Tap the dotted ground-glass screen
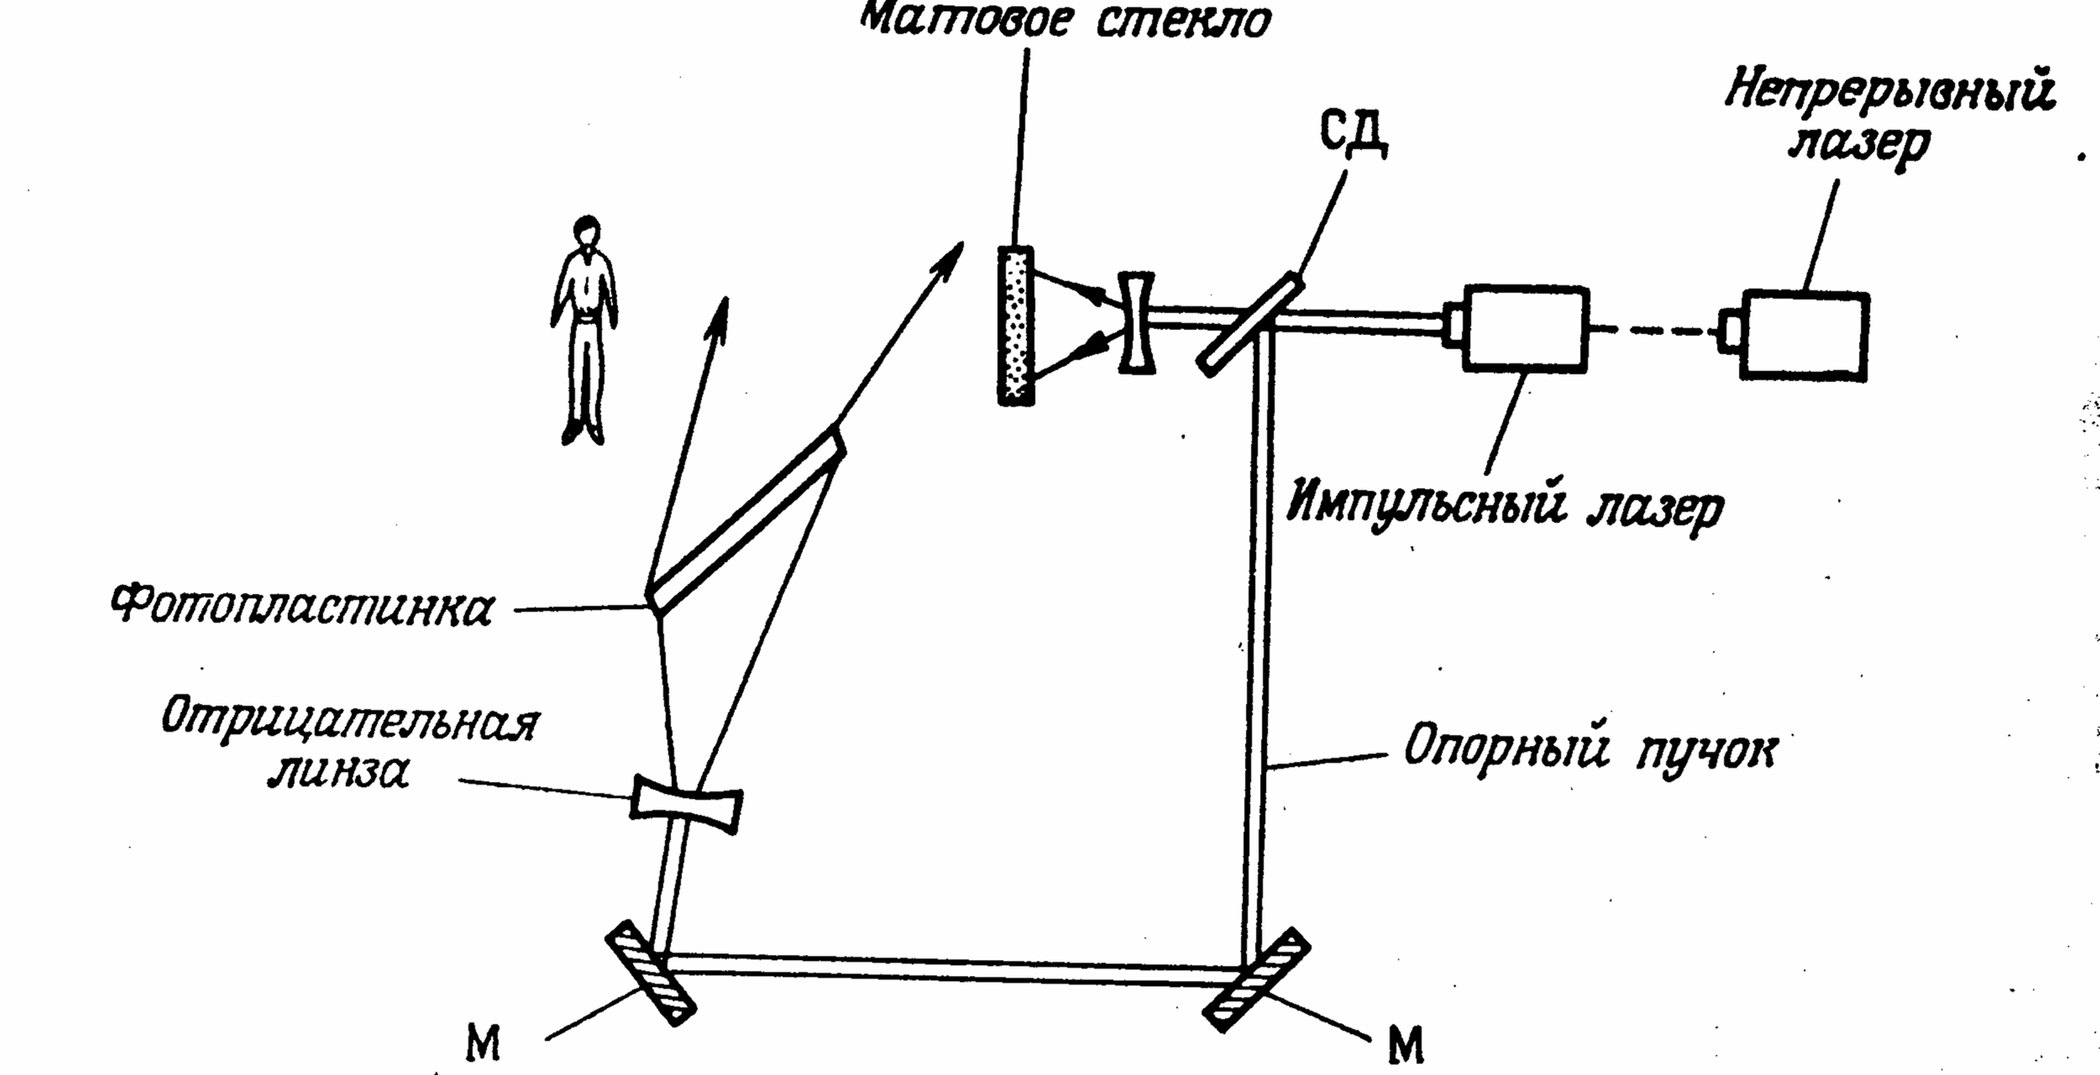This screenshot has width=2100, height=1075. coord(1015,325)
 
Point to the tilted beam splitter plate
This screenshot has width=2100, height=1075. coord(1249,323)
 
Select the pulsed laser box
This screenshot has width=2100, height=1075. coord(1525,328)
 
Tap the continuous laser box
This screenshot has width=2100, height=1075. coord(1804,335)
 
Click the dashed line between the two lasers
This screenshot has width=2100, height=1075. coord(1651,330)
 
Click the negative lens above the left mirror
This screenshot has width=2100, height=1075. coord(686,805)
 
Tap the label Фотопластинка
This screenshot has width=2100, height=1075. coord(302,606)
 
